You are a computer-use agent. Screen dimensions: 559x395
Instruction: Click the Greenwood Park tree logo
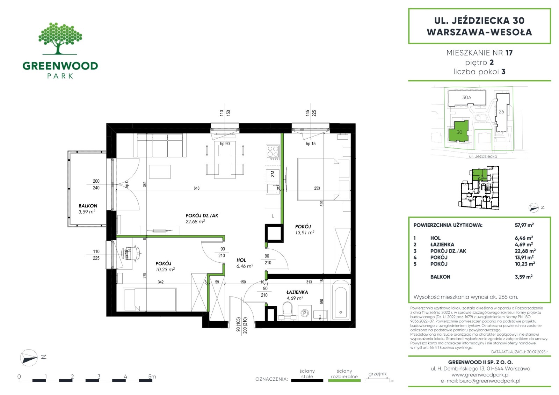pos(60,38)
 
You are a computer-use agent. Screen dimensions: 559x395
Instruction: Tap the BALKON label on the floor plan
pos(88,206)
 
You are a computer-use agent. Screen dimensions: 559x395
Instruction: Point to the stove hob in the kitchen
pos(273,153)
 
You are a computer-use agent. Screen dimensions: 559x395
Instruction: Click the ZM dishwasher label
pos(273,174)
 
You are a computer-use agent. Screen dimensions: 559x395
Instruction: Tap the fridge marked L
pos(273,216)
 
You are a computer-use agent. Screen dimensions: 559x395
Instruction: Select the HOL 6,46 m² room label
pos(245,263)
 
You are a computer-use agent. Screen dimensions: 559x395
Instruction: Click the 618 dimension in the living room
pos(196,188)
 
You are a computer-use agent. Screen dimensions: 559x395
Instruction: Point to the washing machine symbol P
pos(304,313)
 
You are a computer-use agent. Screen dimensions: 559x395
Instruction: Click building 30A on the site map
pos(467,98)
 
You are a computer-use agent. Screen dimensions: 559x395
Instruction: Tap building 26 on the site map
pos(502,112)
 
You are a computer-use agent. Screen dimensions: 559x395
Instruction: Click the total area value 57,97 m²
pos(524,225)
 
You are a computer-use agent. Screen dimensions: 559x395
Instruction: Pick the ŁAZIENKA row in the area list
pos(474,244)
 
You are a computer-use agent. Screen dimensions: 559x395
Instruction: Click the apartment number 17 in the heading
pos(509,53)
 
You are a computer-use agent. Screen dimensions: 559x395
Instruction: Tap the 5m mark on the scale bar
pos(152,376)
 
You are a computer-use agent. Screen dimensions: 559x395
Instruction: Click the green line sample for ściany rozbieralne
pos(344,381)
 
